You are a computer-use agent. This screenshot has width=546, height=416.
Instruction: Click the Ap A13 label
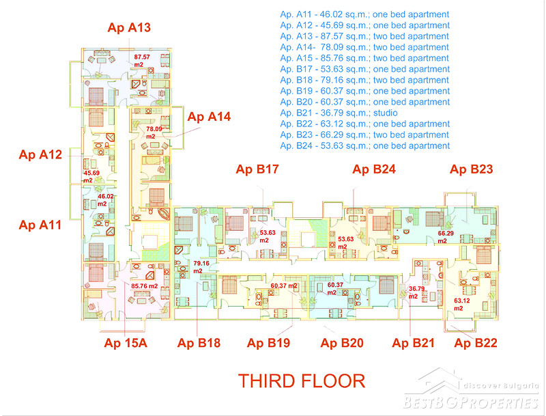[129, 27]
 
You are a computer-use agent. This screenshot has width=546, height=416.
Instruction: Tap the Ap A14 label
[209, 117]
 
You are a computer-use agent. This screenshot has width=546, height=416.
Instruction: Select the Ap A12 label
[40, 154]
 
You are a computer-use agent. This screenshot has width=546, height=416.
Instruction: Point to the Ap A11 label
[40, 225]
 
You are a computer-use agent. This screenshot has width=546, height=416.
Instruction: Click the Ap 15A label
[126, 343]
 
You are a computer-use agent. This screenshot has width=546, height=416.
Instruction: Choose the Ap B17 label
[257, 169]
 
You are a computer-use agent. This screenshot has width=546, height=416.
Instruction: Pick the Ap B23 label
[471, 169]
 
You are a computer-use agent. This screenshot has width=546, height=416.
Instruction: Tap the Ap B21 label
[413, 343]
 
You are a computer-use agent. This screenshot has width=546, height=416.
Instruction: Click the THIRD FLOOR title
[302, 380]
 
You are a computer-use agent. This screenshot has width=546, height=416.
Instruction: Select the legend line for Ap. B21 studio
[339, 113]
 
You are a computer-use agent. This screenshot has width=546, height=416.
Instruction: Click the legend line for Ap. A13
[364, 36]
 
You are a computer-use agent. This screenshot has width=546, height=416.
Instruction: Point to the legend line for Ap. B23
[364, 135]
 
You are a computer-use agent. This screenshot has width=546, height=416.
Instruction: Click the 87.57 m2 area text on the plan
[142, 61]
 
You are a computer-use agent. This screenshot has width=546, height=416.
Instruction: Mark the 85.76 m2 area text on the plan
[145, 286]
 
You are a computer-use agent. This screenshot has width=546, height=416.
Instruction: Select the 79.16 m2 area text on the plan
[201, 267]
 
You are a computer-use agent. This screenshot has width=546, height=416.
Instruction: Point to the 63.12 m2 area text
[462, 305]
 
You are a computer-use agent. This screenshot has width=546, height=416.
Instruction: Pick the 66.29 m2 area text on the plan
[446, 237]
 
